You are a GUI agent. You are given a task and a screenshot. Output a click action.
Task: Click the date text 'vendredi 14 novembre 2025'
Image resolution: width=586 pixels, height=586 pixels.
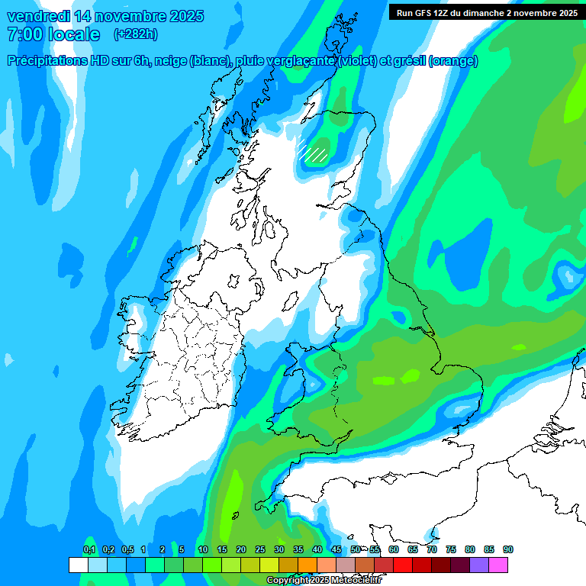tap(105, 16)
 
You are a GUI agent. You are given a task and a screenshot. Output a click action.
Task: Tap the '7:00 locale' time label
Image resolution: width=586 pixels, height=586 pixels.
tap(53, 34)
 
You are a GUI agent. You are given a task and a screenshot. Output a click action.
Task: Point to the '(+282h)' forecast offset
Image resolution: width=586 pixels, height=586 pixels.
tap(136, 34)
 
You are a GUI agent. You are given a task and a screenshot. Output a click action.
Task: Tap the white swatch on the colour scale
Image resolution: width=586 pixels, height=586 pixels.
tap(78, 565)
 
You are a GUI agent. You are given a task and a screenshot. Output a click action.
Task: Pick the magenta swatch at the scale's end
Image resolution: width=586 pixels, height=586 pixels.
tap(498, 565)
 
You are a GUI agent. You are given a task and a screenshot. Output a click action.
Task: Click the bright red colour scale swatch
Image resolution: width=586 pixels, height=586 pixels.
tap(403, 565)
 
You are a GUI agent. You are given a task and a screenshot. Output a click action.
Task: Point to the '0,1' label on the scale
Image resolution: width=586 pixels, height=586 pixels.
tap(89, 549)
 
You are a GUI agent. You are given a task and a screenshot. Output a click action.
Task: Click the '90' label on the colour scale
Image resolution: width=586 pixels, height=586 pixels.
tap(508, 549)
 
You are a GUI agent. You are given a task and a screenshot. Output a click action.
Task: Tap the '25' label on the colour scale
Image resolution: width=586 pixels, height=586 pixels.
tap(260, 549)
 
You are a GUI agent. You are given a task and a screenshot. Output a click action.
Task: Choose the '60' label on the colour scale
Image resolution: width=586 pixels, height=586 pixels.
tap(394, 549)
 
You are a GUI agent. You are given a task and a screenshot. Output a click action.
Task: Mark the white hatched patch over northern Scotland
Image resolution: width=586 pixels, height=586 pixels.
tap(312, 150)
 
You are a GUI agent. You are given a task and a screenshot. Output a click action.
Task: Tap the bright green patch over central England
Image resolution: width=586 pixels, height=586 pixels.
tap(396, 376)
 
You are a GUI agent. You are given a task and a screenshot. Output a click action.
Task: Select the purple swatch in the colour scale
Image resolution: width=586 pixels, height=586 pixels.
tap(479, 565)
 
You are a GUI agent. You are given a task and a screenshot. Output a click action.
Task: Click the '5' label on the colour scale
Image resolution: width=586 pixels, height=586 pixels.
tap(182, 549)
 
